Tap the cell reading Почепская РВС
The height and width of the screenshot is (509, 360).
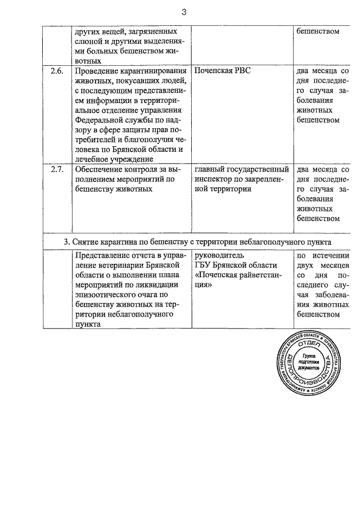point(223,71)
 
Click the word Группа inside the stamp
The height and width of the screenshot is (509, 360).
point(309,357)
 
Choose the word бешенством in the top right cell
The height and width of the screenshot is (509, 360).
point(318,31)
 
